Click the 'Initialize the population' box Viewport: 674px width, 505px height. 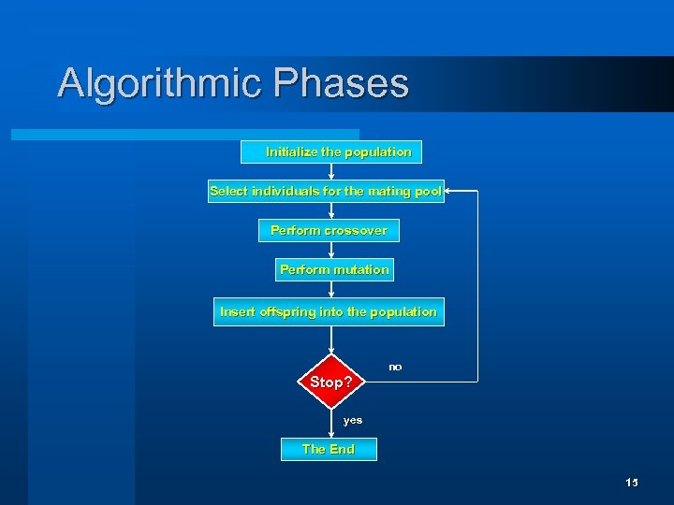pyautogui.click(x=330, y=151)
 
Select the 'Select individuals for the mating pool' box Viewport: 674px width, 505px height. pyautogui.click(x=326, y=191)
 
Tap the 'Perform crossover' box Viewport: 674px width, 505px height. pyautogui.click(x=329, y=230)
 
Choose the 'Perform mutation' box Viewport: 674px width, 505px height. pyautogui.click(x=333, y=269)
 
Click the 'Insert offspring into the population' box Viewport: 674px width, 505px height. pyautogui.click(x=329, y=311)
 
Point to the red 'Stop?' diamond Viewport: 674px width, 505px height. pyautogui.click(x=330, y=382)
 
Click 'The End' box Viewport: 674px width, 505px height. pyautogui.click(x=329, y=449)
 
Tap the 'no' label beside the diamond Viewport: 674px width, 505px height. pyautogui.click(x=395, y=368)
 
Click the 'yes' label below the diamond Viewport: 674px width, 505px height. pyautogui.click(x=353, y=420)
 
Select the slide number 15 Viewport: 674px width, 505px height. pyautogui.click(x=631, y=483)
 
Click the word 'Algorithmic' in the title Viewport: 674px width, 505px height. pyautogui.click(x=160, y=82)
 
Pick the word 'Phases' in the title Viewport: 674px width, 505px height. pyautogui.click(x=342, y=82)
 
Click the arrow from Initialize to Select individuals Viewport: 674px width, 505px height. pyautogui.click(x=331, y=171)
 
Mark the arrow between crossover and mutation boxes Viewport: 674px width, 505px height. pyautogui.click(x=331, y=250)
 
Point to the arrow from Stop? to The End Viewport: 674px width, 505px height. pyautogui.click(x=331, y=424)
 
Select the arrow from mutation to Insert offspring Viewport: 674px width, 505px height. pyautogui.click(x=331, y=290)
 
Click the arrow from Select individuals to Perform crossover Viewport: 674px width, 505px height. pyautogui.click(x=331, y=210)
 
